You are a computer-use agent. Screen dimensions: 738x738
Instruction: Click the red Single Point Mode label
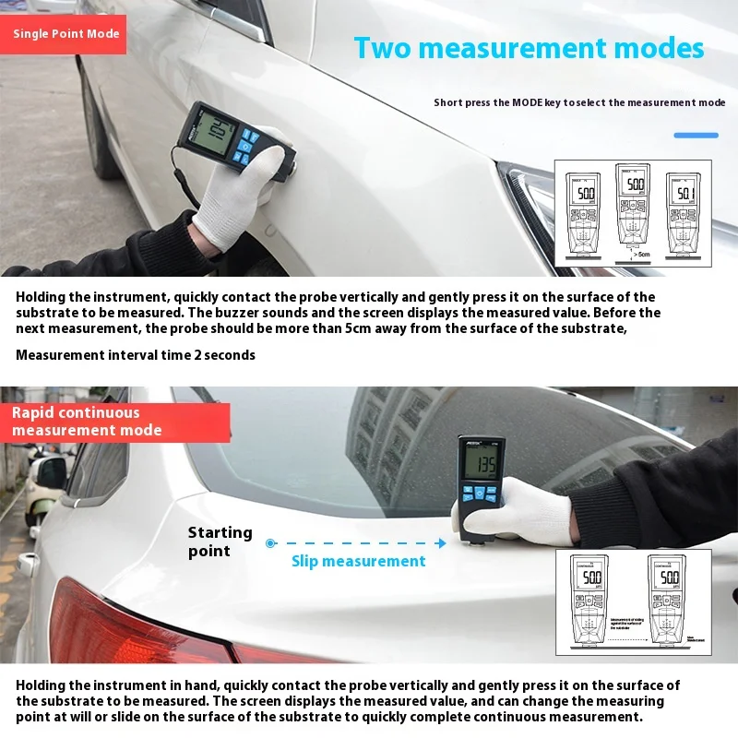click(65, 34)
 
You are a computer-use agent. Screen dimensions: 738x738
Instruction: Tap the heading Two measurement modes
click(529, 48)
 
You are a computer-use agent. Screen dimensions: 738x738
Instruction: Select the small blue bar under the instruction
click(696, 136)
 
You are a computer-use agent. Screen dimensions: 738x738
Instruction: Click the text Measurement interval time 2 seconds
click(136, 355)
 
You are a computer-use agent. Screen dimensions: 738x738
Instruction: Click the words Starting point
click(220, 542)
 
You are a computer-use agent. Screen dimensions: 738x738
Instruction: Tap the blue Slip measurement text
click(359, 561)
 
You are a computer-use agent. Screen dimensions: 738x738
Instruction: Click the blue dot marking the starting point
click(270, 543)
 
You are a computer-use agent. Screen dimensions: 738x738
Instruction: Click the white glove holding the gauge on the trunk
click(521, 510)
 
